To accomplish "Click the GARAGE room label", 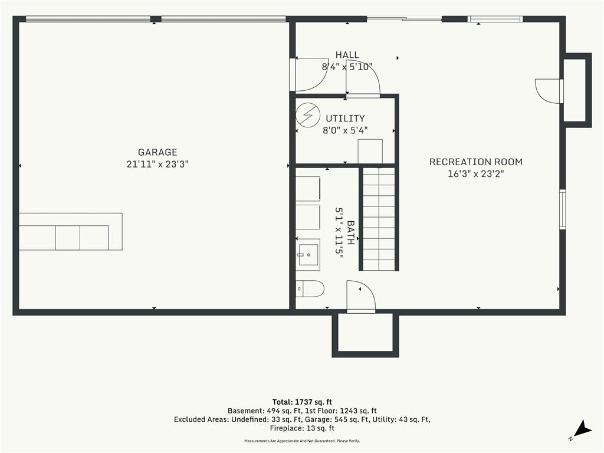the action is click(x=157, y=152).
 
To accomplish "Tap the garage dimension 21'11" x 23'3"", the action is click(x=157, y=164).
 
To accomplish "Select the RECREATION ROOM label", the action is click(x=476, y=162).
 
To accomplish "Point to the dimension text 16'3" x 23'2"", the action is click(x=476, y=174).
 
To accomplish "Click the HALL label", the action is click(x=347, y=55).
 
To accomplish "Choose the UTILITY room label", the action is click(x=345, y=118).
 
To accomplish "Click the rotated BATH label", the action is click(x=351, y=232).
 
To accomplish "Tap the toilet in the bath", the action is click(x=310, y=288).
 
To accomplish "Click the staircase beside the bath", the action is click(x=379, y=219).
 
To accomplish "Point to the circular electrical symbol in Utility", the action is click(x=308, y=115).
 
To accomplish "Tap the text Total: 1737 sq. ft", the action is click(x=302, y=402).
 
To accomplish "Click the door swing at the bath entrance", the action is click(x=361, y=296).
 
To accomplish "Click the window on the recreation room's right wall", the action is click(x=562, y=209).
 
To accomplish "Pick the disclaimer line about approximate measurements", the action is click(x=302, y=441).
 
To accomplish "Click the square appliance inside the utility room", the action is click(x=370, y=151).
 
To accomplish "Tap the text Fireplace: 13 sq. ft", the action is click(x=302, y=428).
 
